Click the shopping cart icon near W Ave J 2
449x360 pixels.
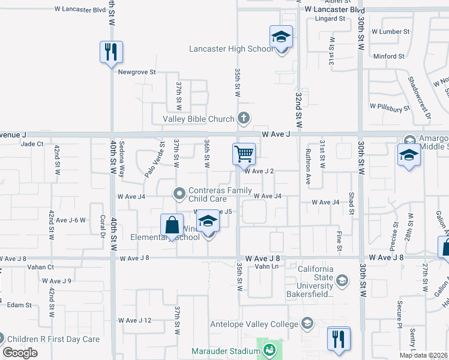click(x=244, y=154)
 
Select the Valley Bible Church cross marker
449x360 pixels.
click(x=243, y=118)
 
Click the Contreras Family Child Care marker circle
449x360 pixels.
click(x=179, y=193)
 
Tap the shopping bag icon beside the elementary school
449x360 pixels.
click(x=172, y=226)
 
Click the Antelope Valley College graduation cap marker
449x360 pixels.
click(x=307, y=325)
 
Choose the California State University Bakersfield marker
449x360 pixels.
click(x=342, y=280)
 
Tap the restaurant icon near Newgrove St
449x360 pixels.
click(x=111, y=52)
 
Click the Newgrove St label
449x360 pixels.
click(x=137, y=72)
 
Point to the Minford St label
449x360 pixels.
click(x=388, y=56)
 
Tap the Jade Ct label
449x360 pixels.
click(x=32, y=144)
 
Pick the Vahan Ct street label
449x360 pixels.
click(x=41, y=267)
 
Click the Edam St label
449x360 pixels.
click(x=20, y=305)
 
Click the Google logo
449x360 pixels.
click(x=20, y=352)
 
